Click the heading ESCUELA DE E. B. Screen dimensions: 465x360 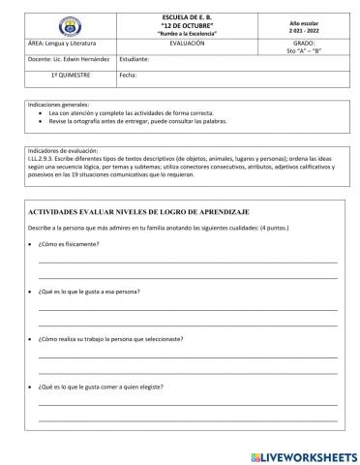click(186, 15)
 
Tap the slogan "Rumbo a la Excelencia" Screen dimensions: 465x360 click(186, 33)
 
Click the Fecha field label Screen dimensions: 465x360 click(128, 74)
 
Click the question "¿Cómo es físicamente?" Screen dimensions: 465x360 click(69, 244)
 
